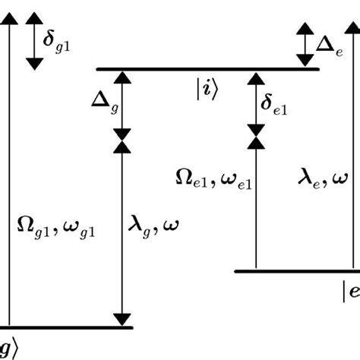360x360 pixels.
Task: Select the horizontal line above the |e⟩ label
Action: coord(296,270)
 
